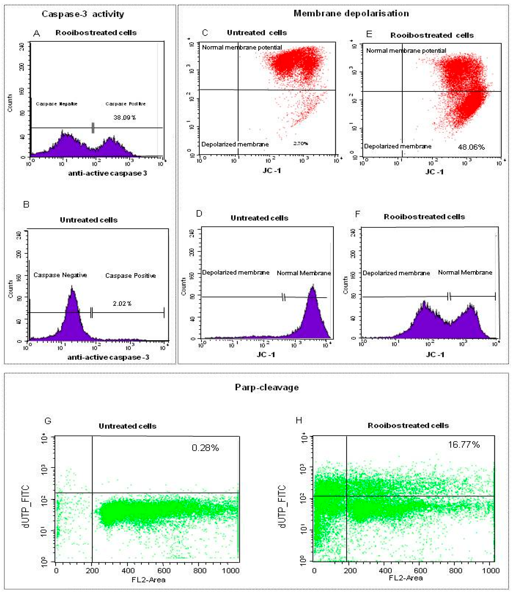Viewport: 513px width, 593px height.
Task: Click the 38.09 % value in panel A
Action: click(x=124, y=117)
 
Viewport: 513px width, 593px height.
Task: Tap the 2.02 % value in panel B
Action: click(x=122, y=304)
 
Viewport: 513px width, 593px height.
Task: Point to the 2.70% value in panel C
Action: click(x=301, y=144)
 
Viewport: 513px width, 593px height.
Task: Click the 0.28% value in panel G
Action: click(x=205, y=448)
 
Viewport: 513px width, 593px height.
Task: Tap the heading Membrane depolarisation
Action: click(x=351, y=13)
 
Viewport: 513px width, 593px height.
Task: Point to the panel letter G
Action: click(x=48, y=421)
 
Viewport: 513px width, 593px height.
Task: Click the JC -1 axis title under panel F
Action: click(x=435, y=355)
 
